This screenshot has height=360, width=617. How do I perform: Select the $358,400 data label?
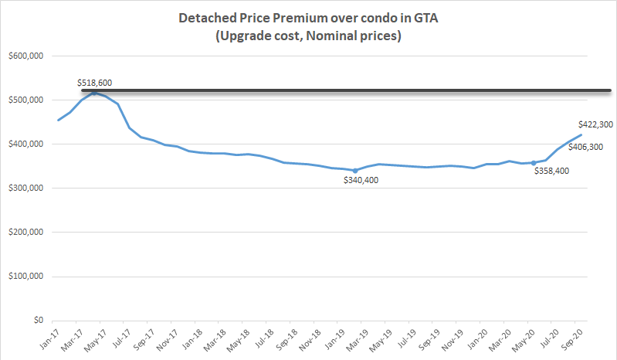pyautogui.click(x=552, y=172)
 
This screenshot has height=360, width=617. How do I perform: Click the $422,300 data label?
pyautogui.click(x=595, y=124)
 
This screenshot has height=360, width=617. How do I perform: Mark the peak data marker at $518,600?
pyautogui.click(x=94, y=93)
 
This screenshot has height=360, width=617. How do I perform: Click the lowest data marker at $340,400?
pyautogui.click(x=355, y=171)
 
